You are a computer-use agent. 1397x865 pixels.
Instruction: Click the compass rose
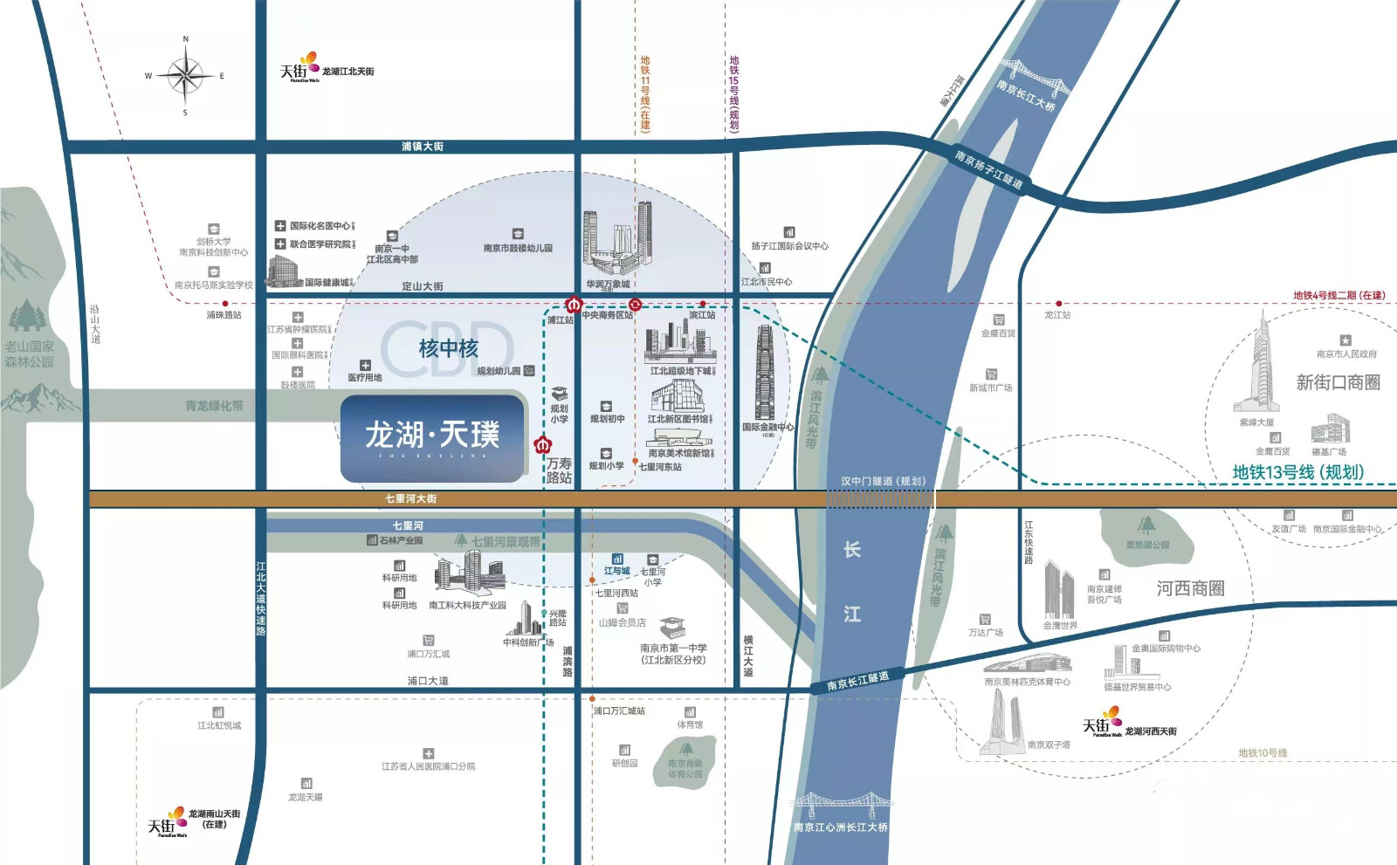[185, 76]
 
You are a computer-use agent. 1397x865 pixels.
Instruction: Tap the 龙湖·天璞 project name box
[433, 437]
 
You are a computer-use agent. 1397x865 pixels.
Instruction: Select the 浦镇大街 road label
[423, 147]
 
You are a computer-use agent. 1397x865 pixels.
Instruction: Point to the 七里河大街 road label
[410, 499]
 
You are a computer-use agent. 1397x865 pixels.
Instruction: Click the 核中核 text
[448, 349]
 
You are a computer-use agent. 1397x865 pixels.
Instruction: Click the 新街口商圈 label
[1338, 382]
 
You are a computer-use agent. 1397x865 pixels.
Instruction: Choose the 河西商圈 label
[1190, 588]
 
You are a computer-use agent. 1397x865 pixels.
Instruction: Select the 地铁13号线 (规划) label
[1297, 472]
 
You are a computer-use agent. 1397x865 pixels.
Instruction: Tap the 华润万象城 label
[608, 285]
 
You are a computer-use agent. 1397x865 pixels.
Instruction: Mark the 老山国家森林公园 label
[29, 354]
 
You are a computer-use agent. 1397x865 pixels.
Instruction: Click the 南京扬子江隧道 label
[988, 169]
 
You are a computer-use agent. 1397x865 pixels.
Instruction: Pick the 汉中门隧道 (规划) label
[883, 481]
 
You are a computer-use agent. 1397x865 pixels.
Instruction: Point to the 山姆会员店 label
[622, 622]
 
